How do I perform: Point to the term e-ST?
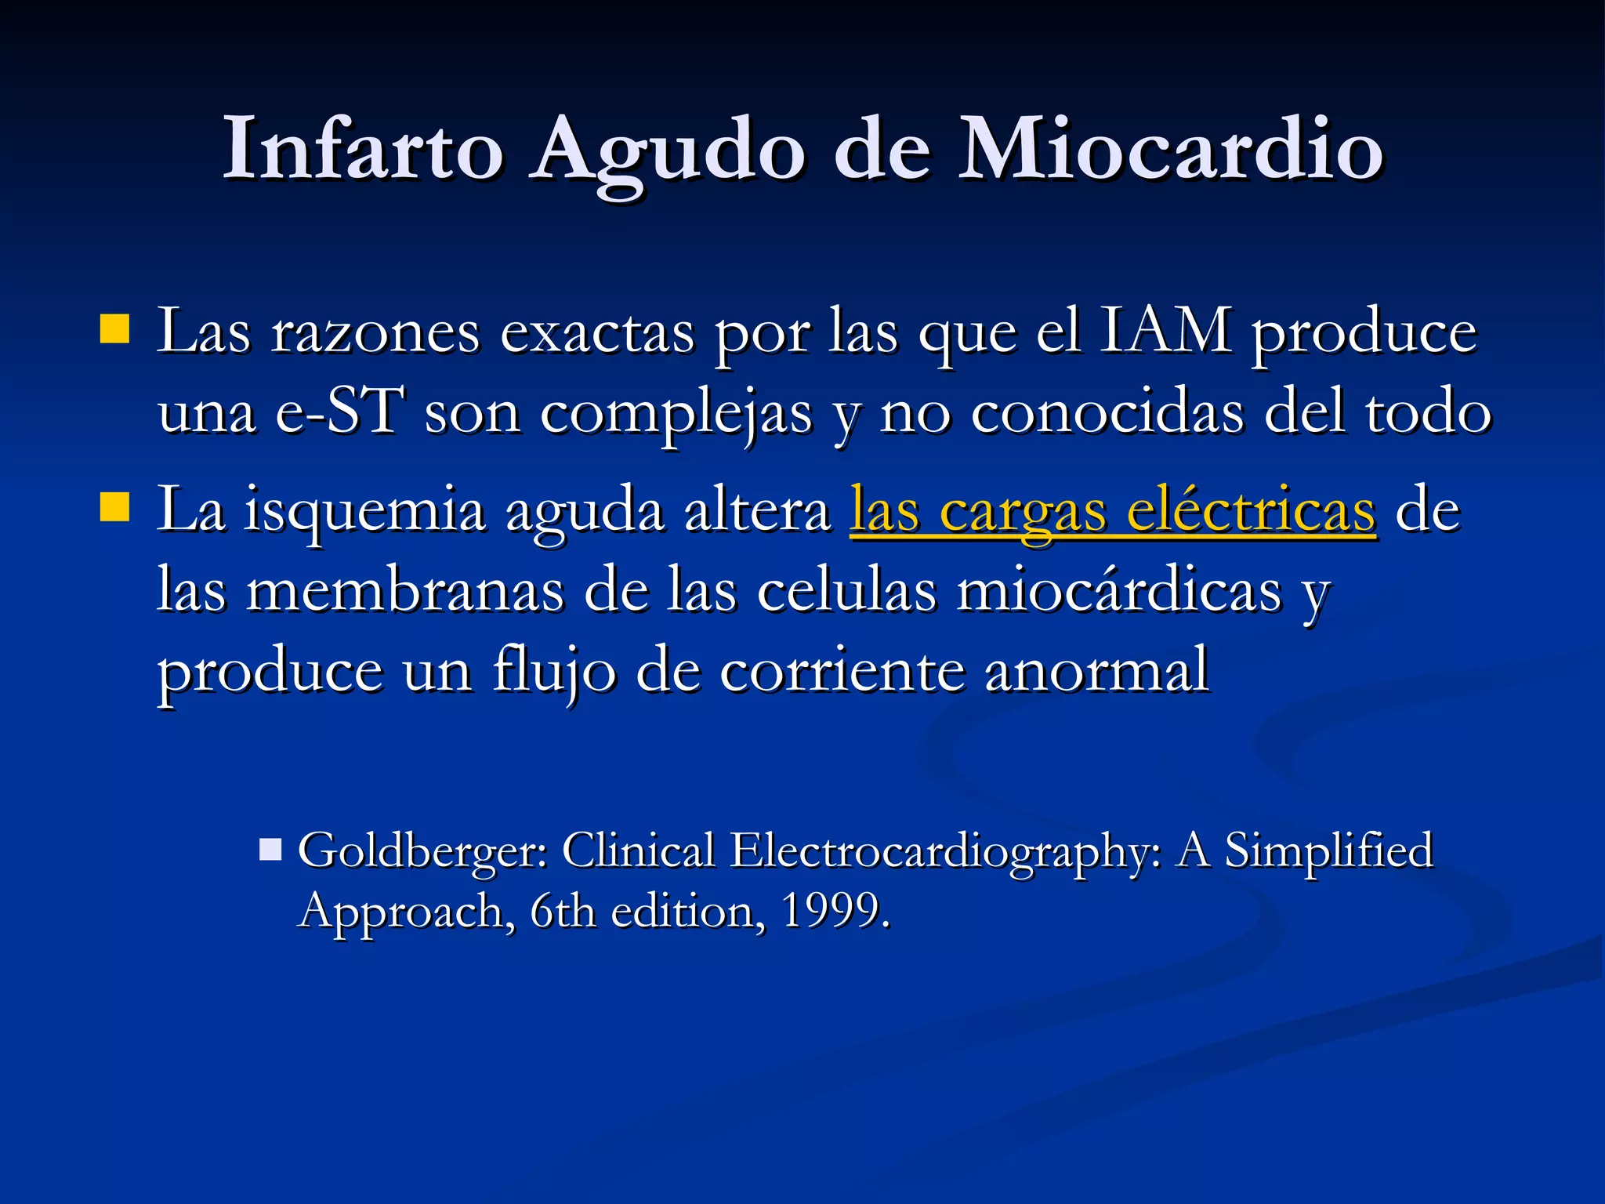339,412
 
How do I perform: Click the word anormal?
1096,671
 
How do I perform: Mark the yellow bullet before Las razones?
114,329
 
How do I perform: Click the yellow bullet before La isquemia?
114,507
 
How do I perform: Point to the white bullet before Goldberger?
270,849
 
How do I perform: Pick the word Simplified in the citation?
1328,850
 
